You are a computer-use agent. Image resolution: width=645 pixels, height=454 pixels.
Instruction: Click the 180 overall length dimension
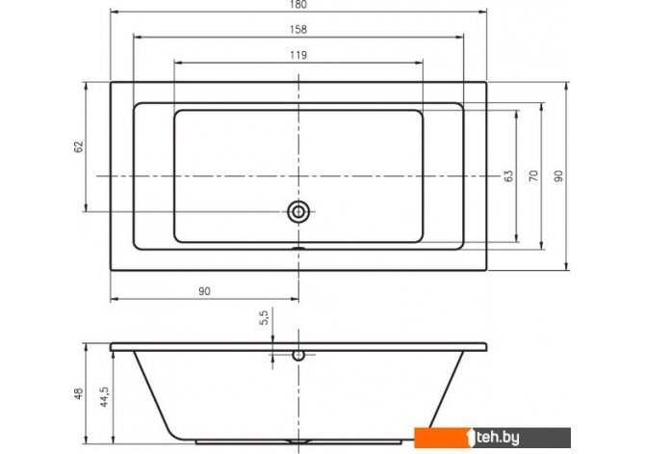point(298,5)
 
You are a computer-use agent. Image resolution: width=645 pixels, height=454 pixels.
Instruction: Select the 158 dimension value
point(298,30)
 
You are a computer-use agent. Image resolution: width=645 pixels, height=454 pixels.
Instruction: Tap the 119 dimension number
point(298,55)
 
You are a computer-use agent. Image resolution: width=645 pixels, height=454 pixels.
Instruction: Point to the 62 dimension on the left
point(79,147)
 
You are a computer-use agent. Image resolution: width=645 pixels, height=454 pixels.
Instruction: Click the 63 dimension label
point(509,176)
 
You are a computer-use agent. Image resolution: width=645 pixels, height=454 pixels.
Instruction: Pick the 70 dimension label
point(533,176)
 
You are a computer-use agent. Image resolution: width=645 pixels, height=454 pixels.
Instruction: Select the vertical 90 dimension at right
point(558,176)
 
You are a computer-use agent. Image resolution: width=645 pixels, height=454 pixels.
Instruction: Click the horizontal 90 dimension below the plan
point(204,291)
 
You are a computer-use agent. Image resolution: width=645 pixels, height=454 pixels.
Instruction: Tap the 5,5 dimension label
point(264,318)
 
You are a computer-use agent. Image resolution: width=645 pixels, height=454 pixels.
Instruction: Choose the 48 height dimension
point(79,393)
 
